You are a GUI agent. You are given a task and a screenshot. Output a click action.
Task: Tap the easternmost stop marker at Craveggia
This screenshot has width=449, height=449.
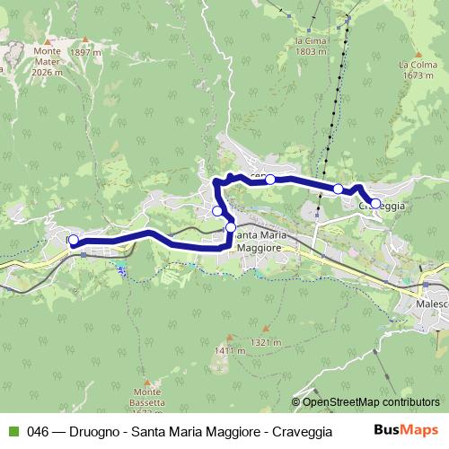pos(374,203)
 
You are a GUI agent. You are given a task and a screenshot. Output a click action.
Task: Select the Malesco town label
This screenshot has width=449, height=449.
pos(432,305)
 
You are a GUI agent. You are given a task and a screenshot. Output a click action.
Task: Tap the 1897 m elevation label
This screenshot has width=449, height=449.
pos(86,53)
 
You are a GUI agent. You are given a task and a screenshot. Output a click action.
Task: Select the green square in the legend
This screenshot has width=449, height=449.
pos(13,431)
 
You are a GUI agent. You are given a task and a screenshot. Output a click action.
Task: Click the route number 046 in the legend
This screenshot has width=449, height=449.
pos(38,431)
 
